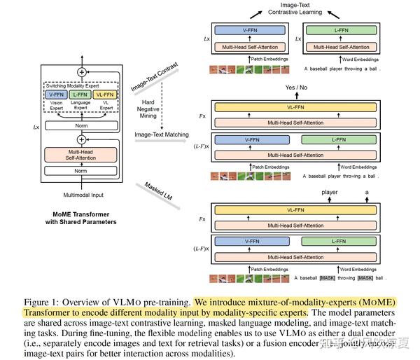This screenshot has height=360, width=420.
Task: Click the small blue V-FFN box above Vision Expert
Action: (x=55, y=94)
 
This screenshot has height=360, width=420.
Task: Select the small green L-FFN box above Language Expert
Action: (x=79, y=94)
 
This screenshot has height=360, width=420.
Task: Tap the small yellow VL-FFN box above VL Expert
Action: (x=104, y=94)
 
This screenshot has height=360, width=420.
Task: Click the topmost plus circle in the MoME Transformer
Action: (x=81, y=71)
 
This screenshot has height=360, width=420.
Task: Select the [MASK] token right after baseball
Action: (x=330, y=278)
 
